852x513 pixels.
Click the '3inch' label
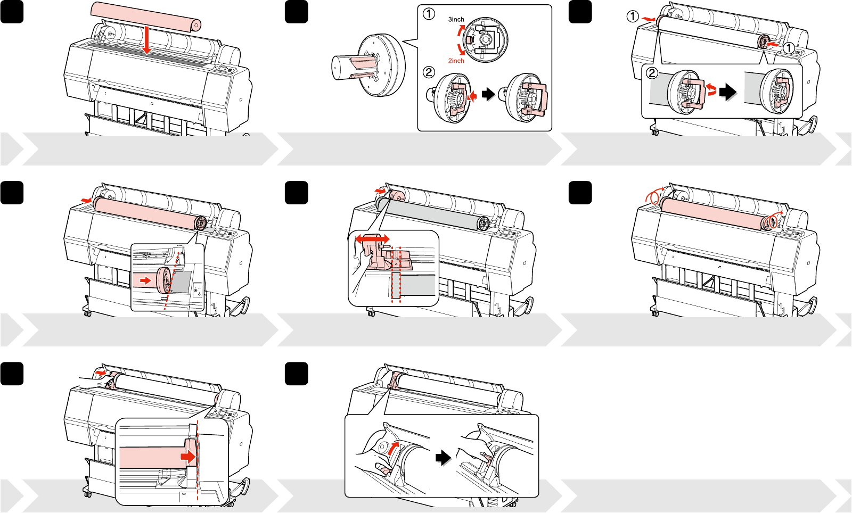[456, 19]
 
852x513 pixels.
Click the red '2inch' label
[456, 61]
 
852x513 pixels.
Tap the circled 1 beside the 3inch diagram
[429, 14]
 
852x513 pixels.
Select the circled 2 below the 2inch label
[429, 72]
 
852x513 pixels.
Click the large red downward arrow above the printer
[147, 42]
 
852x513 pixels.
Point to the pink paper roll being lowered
[145, 16]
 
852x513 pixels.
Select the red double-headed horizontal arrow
[372, 239]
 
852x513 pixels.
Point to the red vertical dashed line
[198, 463]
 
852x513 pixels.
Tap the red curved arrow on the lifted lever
[392, 447]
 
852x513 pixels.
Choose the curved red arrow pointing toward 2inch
[461, 50]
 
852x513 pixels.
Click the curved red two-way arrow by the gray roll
[711, 89]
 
